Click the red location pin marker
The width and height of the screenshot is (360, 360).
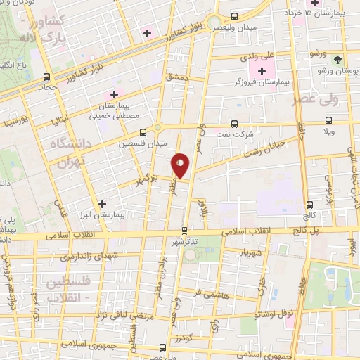tap(180, 165)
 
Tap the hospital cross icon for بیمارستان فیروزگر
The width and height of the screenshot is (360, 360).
tap(263, 72)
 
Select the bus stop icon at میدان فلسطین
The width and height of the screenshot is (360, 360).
tap(143, 131)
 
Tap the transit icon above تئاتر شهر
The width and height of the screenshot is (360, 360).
tap(185, 230)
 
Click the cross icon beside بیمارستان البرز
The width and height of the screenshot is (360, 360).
tap(103, 203)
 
